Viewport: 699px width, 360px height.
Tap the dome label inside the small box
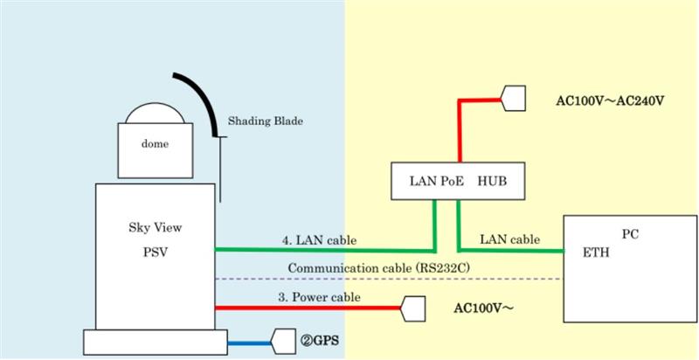(156, 143)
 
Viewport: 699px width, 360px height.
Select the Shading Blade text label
(265, 121)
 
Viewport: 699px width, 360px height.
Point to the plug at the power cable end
(412, 308)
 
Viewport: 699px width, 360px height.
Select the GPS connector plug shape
(286, 340)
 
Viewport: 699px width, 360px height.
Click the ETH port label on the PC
(594, 253)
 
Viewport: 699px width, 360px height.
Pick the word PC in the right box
(631, 235)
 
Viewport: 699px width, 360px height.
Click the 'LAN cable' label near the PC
(510, 239)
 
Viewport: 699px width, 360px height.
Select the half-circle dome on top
(154, 114)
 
